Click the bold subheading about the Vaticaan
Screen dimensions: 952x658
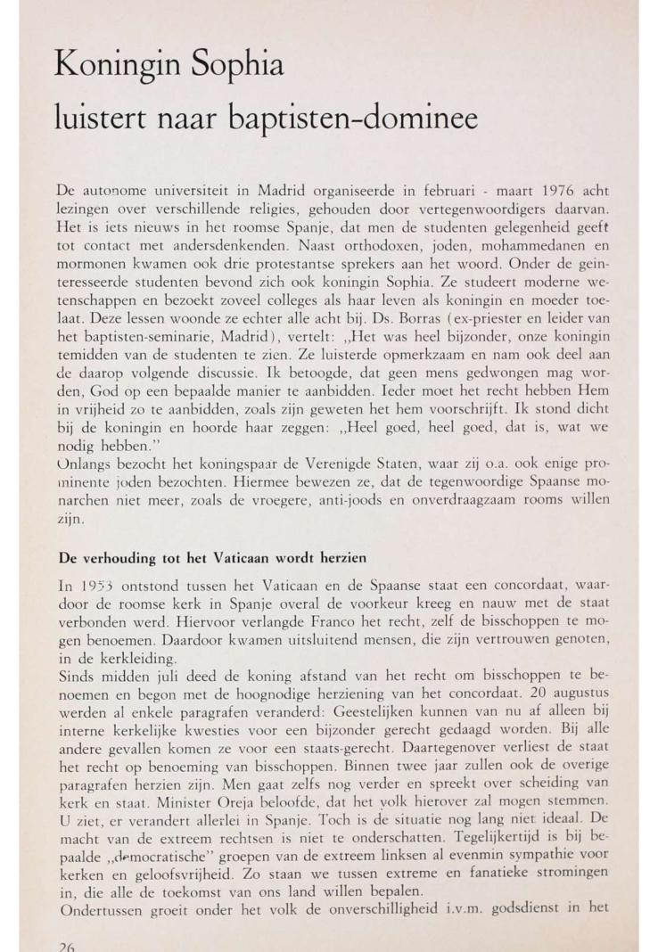tap(213, 559)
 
